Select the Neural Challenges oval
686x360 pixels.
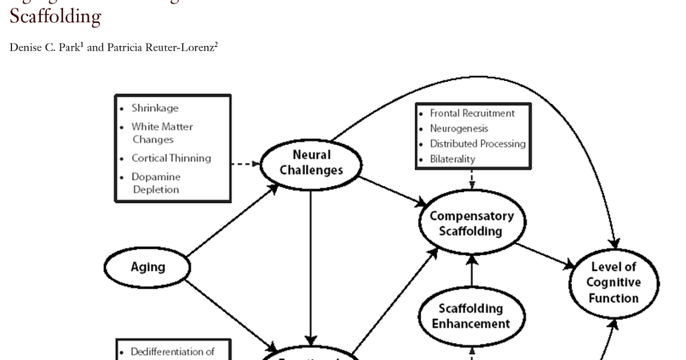311,163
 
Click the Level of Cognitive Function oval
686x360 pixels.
614,282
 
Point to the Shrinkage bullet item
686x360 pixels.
155,108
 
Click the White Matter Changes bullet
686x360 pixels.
162,133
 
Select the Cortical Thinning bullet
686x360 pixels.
171,158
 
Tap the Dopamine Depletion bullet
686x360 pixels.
155,183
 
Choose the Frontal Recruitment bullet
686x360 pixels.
472,113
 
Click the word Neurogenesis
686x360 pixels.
459,129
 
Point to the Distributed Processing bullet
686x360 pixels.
477,144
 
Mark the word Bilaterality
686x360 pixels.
452,159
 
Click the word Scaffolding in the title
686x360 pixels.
55,17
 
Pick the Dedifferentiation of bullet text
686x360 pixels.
172,352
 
